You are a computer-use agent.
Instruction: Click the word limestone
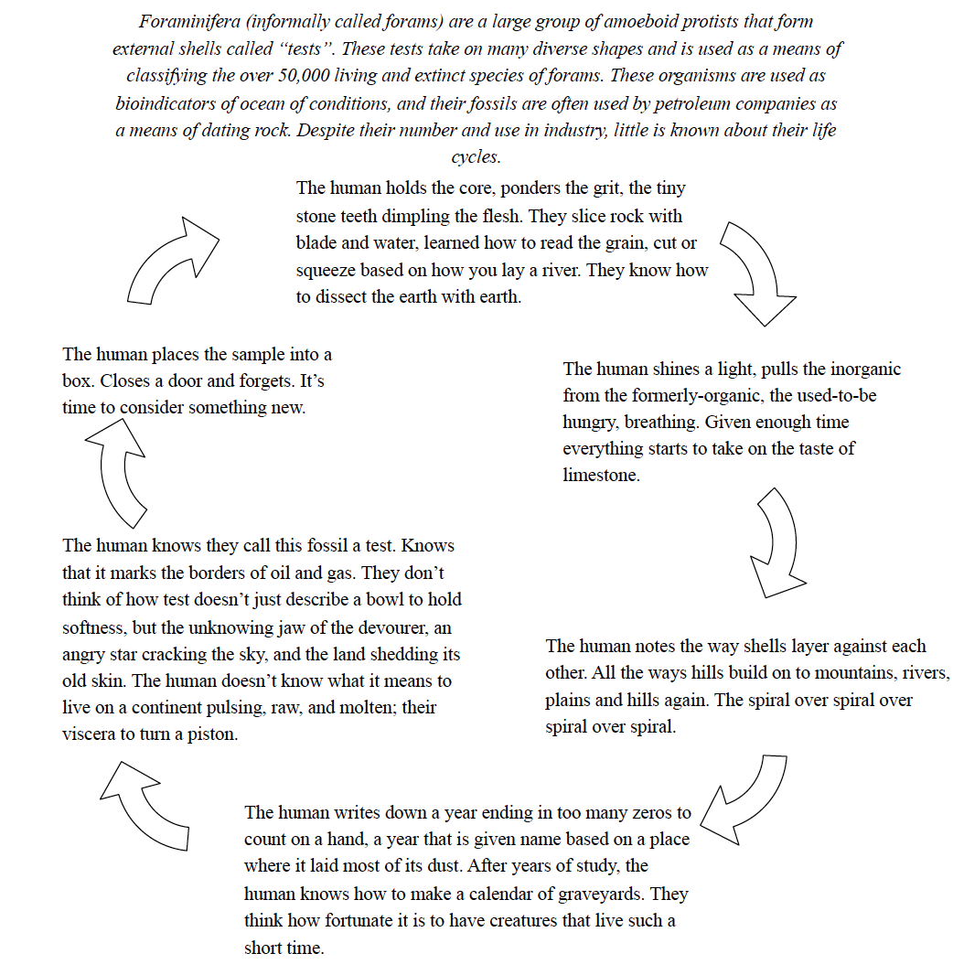pyautogui.click(x=599, y=476)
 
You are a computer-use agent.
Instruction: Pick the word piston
pyautogui.click(x=212, y=734)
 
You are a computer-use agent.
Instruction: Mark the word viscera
pyautogui.click(x=89, y=734)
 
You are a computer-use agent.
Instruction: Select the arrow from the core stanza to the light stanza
pyautogui.click(x=755, y=273)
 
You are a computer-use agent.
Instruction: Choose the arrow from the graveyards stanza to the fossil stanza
pyautogui.click(x=146, y=804)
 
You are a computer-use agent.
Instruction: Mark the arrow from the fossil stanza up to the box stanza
pyautogui.click(x=120, y=470)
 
